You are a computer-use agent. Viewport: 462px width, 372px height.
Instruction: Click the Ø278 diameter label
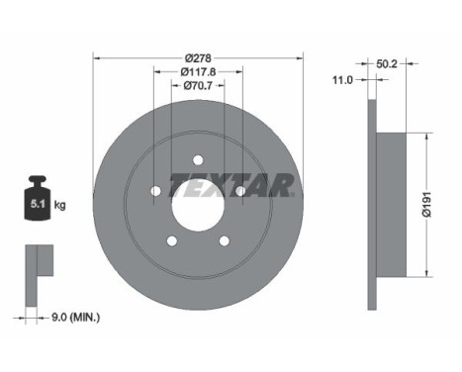point(198,58)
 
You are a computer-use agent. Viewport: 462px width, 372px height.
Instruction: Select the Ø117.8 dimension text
point(198,71)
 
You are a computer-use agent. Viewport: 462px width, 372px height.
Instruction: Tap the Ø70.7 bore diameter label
point(198,86)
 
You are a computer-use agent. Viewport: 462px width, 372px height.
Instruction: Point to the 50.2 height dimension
point(387,64)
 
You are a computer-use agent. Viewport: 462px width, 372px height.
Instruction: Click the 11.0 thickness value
point(342,80)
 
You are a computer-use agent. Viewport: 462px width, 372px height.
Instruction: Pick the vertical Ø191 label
point(427,204)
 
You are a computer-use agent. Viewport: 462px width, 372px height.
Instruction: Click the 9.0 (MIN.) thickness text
point(75,318)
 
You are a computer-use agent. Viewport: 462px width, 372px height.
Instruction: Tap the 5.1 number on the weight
point(38,204)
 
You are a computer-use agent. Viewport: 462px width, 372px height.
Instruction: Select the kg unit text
point(59,205)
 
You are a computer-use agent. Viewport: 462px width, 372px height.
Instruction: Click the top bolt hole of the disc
point(198,160)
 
